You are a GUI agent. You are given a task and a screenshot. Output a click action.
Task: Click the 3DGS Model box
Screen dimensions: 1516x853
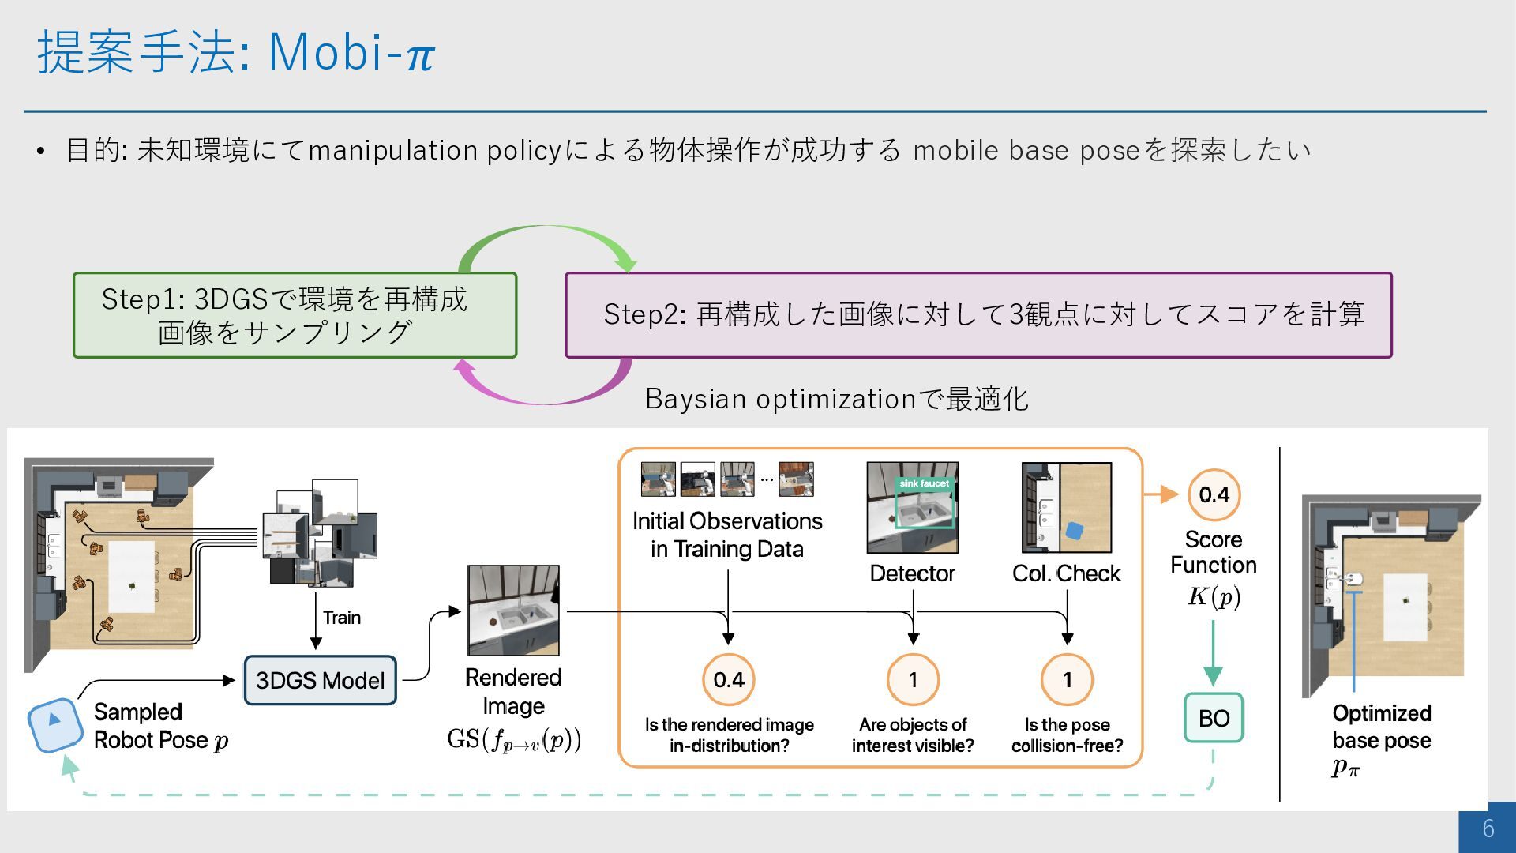coord(320,680)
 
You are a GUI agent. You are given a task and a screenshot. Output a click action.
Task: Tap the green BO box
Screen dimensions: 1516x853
coord(1214,718)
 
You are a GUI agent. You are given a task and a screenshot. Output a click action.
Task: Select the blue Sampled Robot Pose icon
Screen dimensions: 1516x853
coord(54,723)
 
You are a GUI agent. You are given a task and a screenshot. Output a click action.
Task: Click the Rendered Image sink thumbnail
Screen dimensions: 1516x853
coord(513,611)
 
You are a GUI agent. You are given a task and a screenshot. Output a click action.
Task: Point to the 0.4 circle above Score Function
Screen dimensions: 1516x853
coord(1214,495)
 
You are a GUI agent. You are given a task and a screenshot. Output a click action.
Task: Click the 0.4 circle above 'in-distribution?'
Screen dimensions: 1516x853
coord(728,679)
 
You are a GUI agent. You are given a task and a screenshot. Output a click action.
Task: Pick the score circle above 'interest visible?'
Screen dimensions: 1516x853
coord(913,679)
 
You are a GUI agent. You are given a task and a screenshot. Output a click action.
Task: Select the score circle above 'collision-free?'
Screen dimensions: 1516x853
coord(1067,679)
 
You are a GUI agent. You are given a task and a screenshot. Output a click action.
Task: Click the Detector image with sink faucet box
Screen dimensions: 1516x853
coord(912,508)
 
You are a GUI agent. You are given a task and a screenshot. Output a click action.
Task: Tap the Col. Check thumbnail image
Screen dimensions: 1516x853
coord(1067,508)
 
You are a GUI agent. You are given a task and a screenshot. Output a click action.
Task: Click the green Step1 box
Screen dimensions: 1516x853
coord(295,315)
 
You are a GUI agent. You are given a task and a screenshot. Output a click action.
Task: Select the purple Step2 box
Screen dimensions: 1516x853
coord(978,315)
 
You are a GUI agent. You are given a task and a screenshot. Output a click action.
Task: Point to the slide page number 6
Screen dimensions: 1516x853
coord(1488,828)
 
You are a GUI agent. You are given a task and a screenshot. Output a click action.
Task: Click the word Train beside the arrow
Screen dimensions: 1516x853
coord(342,618)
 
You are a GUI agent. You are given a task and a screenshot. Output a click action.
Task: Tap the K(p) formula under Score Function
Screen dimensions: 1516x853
coord(1214,596)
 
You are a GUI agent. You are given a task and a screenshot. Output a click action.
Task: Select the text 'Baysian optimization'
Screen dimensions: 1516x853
coord(780,399)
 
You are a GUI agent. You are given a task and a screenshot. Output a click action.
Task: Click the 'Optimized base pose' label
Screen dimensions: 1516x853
coord(1381,727)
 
